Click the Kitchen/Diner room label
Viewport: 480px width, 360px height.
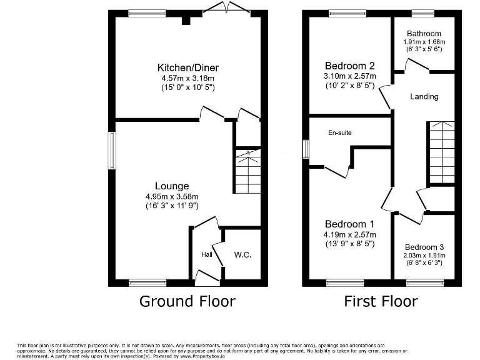188,67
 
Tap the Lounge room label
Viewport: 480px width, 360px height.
172,186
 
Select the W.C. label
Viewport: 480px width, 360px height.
242,255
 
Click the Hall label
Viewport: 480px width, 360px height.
207,255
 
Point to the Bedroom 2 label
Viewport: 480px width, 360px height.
350,66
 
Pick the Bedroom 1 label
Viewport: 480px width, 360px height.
350,224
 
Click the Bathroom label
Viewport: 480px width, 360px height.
424,34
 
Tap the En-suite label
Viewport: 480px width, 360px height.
340,132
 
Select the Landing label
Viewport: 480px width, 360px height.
424,96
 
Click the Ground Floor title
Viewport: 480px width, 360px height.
187,301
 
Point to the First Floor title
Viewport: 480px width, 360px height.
381,301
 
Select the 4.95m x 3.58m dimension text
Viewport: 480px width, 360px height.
172,196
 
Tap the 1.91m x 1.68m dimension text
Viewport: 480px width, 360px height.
424,42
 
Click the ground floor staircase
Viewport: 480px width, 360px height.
248,172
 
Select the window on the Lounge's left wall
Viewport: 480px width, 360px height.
112,150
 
